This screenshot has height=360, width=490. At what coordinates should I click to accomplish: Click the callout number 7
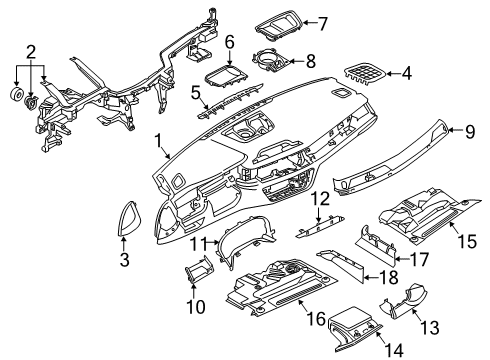coord(322,24)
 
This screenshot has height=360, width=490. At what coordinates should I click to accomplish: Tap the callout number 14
coord(394,350)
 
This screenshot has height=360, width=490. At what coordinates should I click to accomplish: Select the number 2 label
coord(31,52)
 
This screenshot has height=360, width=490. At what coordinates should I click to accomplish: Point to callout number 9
coord(470,132)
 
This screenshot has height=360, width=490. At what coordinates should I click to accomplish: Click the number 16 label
coord(316,319)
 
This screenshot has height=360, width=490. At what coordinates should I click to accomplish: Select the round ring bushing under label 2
coord(16,94)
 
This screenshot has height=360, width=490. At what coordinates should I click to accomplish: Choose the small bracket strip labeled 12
coord(319,226)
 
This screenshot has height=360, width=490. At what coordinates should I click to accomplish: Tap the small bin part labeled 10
coord(199,269)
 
